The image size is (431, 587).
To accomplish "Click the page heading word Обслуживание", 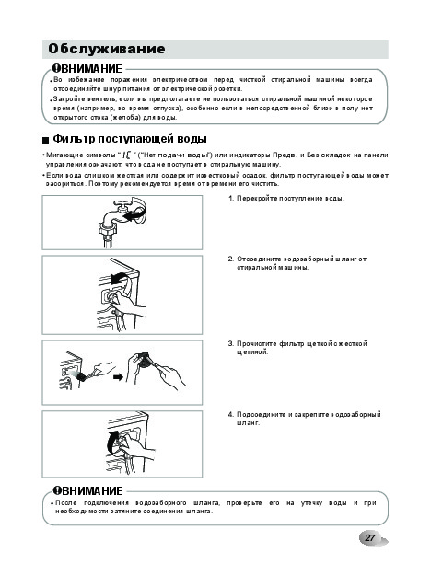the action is [x=107, y=49].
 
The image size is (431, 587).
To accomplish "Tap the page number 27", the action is [x=370, y=538].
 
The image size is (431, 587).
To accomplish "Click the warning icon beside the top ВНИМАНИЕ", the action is [x=56, y=68].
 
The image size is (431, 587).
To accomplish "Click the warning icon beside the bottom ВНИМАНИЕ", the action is [x=56, y=490].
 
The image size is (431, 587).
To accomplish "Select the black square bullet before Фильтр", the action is [x=45, y=141].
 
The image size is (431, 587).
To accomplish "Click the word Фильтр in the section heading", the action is [x=74, y=139].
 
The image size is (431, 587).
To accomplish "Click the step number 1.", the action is [x=231, y=199].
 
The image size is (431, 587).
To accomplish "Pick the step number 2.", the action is [x=231, y=259].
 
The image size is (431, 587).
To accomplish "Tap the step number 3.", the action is [x=231, y=343].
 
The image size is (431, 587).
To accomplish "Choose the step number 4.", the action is [x=231, y=414].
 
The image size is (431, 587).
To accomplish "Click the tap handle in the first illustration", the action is [x=122, y=204].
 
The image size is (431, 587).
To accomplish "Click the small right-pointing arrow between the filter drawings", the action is [x=118, y=377].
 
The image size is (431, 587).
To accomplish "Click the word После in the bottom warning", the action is [x=66, y=502].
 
